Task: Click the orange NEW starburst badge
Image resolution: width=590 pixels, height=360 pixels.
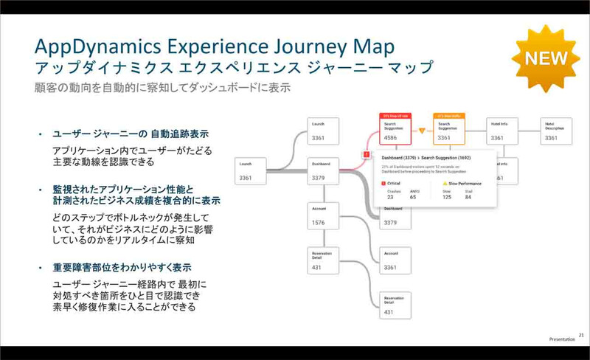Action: coord(544,58)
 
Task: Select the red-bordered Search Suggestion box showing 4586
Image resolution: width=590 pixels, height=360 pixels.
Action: coord(397,129)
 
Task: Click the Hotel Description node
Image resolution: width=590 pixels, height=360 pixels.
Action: coord(557,129)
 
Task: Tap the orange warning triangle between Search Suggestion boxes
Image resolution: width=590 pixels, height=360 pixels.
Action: coord(422,131)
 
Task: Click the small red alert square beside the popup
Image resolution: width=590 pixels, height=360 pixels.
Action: coord(366,154)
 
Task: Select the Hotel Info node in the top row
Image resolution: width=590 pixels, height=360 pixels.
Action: coord(504,129)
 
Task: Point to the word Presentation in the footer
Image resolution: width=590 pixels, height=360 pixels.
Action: coord(561,340)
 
